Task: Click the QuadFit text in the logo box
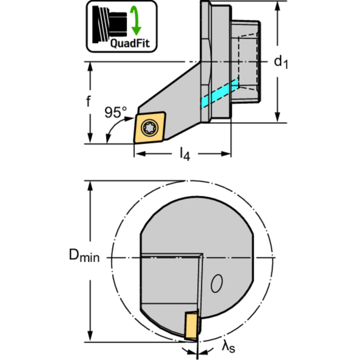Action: [x=130, y=43]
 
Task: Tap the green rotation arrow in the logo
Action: [x=136, y=21]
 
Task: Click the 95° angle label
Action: [x=115, y=113]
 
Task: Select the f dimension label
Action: [x=88, y=101]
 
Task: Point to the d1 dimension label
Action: [x=281, y=62]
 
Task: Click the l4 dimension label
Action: [x=185, y=154]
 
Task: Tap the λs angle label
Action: [x=229, y=346]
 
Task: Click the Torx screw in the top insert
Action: [x=150, y=128]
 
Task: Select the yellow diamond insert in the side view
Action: [x=150, y=127]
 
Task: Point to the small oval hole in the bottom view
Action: [x=216, y=283]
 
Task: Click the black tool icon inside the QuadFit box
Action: [x=110, y=24]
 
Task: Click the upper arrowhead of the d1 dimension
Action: [x=277, y=6]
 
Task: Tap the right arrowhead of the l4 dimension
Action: [x=226, y=154]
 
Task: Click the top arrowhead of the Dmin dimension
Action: [x=90, y=186]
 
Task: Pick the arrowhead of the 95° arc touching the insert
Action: [x=129, y=119]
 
